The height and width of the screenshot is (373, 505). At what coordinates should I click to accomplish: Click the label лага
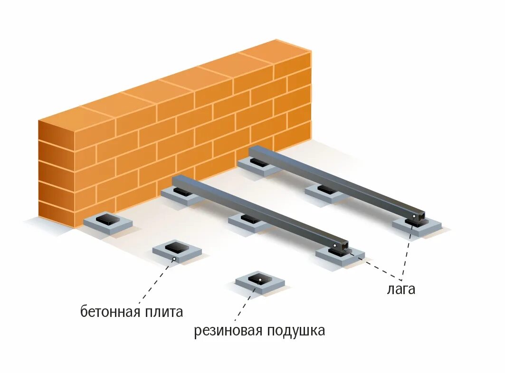point(401,289)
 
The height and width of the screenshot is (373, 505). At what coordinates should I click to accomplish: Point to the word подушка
point(295,331)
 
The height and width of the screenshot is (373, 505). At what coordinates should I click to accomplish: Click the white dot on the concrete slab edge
point(174,259)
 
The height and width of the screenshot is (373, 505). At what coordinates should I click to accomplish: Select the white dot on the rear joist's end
point(414,217)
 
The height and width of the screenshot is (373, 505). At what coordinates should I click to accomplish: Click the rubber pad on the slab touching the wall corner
point(106,219)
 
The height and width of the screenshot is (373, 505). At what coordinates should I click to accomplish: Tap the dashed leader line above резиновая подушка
point(242,306)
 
